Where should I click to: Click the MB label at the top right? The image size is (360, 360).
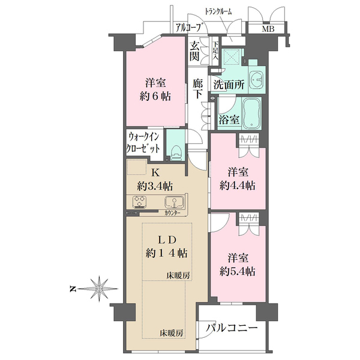click(268, 29)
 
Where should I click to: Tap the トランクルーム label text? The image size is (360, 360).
click(218, 11)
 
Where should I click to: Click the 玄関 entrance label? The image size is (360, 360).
click(194, 52)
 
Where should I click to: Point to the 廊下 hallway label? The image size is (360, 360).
click(197, 89)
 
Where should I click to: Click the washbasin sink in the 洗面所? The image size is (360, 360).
click(256, 79)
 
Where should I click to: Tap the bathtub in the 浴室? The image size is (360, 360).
click(252, 113)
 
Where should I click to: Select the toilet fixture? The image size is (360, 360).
click(175, 152)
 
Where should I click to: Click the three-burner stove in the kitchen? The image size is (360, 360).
click(139, 202)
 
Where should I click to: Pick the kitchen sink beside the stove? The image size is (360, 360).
click(173, 202)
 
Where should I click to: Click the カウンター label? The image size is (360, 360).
click(172, 213)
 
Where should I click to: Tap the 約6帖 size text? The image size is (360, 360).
click(155, 97)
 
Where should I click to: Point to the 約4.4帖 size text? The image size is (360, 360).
click(238, 185)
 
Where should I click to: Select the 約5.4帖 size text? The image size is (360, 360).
click(238, 272)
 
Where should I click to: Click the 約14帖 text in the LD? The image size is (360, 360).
click(166, 253)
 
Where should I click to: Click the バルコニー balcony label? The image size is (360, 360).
click(232, 328)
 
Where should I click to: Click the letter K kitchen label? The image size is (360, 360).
click(155, 173)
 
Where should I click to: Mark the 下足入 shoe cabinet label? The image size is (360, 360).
click(215, 50)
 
